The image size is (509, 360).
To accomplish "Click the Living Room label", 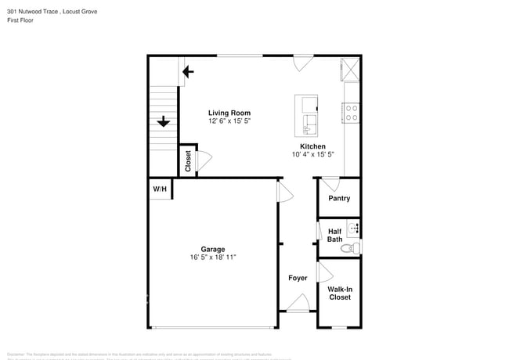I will pos(229,113).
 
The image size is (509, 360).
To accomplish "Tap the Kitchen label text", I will pos(312,146).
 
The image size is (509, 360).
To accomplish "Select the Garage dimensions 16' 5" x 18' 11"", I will pos(212,257).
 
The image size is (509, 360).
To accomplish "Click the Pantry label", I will pos(339,199).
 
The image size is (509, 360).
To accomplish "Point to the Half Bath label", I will pos(334,236).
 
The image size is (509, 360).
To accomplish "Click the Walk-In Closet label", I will pos(340,293).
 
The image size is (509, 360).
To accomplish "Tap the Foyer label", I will pos(298,278).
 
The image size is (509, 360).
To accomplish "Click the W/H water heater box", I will pos(160,189).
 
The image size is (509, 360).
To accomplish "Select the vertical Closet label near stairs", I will pos(188,160).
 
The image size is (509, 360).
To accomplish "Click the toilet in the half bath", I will pos(354,248).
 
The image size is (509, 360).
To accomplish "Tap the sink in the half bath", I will pos(355,229).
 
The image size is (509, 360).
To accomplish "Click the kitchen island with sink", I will pos(307,115).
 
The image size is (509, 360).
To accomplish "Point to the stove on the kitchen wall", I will pos(352,113).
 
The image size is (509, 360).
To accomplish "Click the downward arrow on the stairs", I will pos(164,121).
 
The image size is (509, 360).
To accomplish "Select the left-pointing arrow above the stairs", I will pos(187,74).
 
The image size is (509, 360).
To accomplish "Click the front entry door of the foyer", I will pos(298,305).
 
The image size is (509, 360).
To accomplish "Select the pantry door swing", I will pos(331,185).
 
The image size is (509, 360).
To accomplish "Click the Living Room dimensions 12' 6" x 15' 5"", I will pos(229,121).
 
